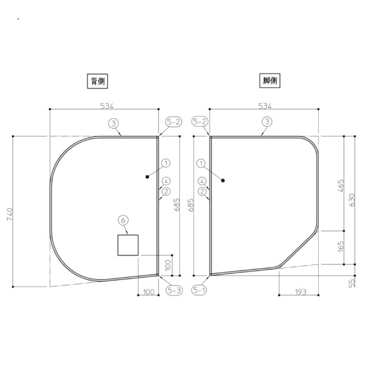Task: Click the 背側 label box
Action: click(x=97, y=81)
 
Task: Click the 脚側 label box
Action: click(x=270, y=81)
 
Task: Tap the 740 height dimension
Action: click(x=10, y=214)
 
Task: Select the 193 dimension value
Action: click(x=301, y=292)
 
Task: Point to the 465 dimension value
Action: click(x=341, y=186)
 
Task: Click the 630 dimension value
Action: click(x=351, y=200)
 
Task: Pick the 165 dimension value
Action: click(x=341, y=246)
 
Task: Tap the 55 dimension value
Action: click(x=352, y=283)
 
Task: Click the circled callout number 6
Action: click(x=123, y=220)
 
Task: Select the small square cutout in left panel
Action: click(x=128, y=245)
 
